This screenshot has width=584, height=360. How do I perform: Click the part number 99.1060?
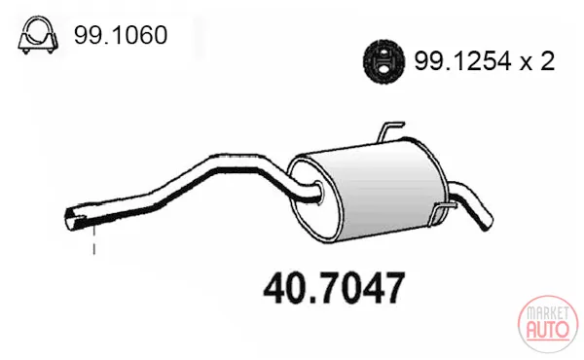click(x=121, y=35)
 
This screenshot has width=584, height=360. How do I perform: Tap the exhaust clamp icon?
click(x=38, y=35)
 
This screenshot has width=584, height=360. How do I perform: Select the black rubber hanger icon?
click(x=383, y=60)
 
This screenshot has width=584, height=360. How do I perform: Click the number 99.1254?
click(x=463, y=61)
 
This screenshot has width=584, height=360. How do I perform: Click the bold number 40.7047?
click(x=334, y=289)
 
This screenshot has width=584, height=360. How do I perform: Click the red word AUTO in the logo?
click(x=548, y=329)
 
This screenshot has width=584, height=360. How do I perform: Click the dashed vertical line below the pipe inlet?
click(x=93, y=239)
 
